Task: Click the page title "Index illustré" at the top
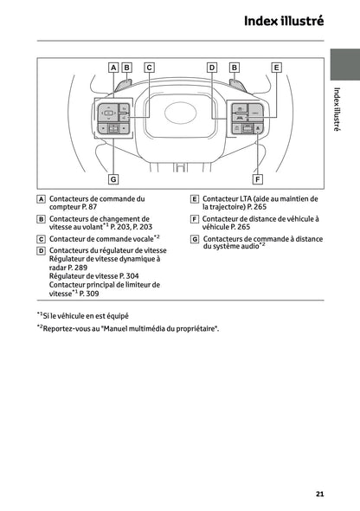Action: [x=284, y=21]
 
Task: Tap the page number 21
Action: [x=319, y=495]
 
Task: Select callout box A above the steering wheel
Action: [x=113, y=67]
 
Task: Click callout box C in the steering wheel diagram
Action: [x=149, y=67]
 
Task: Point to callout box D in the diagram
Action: [x=212, y=67]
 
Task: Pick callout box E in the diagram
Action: [x=276, y=67]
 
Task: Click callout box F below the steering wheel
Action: [x=257, y=178]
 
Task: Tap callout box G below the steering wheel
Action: [x=113, y=178]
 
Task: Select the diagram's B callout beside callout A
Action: [x=127, y=67]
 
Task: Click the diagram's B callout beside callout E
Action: [x=234, y=67]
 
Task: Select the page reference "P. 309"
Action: [x=87, y=294]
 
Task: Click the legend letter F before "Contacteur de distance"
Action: [x=195, y=219]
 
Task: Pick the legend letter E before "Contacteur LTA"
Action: [x=195, y=199]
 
